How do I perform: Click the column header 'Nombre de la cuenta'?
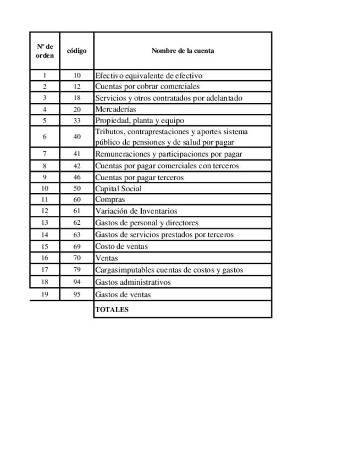click(182, 51)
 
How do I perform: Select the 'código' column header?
click(76, 51)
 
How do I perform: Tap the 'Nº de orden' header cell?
click(45, 51)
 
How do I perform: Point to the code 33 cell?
click(76, 120)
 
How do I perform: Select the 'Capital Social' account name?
click(118, 188)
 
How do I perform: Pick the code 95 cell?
click(76, 295)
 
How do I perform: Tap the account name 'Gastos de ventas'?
click(123, 295)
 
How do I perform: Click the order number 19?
click(45, 295)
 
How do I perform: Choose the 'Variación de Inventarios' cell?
click(136, 211)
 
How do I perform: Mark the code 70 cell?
click(76, 258)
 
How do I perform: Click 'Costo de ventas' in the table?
click(121, 246)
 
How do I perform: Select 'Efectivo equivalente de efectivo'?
click(149, 75)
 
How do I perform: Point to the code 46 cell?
click(76, 177)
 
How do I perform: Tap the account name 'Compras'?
click(110, 199)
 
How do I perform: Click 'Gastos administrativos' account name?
click(132, 282)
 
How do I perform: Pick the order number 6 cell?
click(45, 137)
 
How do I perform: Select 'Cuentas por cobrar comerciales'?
click(147, 86)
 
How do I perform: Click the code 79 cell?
click(76, 270)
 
